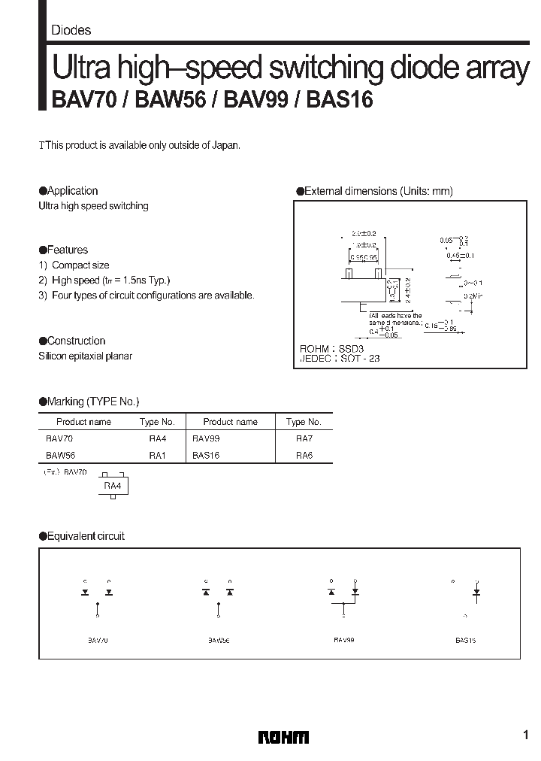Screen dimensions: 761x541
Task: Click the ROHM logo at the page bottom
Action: [x=283, y=737]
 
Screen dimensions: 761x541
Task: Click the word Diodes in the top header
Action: [x=71, y=31]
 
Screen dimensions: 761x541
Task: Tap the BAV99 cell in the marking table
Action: [x=207, y=438]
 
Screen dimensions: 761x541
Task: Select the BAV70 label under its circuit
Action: [x=98, y=641]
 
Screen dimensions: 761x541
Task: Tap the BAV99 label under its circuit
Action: [x=344, y=641]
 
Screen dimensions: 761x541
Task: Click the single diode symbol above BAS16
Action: [x=476, y=593]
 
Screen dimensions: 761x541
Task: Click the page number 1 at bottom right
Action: [x=524, y=735]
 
